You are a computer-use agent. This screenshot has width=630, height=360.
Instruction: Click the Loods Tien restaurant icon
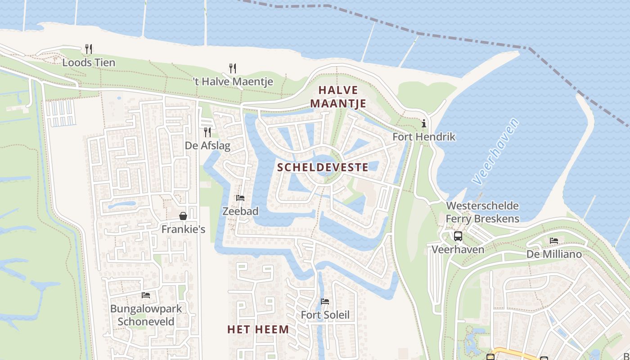tap(89, 49)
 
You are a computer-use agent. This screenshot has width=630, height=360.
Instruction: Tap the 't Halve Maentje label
tap(233, 81)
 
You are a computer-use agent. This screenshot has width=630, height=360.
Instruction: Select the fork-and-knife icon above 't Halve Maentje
tap(233, 68)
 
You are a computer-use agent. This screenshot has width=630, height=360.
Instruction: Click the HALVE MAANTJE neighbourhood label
tap(338, 97)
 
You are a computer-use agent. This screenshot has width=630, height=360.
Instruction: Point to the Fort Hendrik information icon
tap(423, 123)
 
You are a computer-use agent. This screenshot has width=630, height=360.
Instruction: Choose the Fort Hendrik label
tap(424, 136)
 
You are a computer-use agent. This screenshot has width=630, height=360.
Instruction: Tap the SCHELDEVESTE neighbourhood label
tap(323, 167)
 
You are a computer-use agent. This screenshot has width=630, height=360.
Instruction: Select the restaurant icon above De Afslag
tap(207, 132)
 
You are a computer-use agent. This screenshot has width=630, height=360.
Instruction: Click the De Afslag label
tap(207, 145)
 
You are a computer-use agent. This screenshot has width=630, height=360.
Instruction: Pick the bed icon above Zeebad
tap(240, 198)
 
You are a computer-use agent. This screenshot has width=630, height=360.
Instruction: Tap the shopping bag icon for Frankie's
tap(183, 216)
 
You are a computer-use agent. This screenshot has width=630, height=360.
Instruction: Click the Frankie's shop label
tap(183, 229)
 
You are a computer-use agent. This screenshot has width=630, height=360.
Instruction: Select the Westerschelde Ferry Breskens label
tap(482, 212)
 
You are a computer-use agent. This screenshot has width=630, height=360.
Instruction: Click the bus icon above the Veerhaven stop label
tap(458, 236)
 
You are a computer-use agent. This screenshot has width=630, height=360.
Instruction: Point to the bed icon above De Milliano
tap(554, 241)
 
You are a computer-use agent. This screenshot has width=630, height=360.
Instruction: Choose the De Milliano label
tap(554, 254)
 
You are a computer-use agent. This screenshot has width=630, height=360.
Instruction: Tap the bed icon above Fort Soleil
tap(325, 301)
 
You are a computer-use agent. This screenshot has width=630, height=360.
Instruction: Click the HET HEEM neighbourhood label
tap(258, 329)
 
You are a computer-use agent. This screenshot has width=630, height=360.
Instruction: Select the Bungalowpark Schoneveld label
tap(146, 315)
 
